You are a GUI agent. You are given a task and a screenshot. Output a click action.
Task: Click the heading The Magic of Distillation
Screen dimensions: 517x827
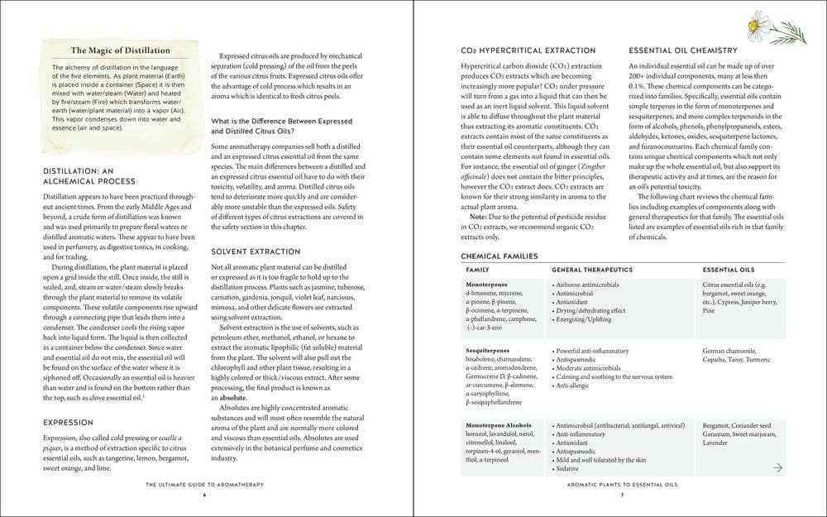[120, 50]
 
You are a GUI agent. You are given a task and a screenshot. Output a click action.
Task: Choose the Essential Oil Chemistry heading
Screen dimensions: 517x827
[683, 50]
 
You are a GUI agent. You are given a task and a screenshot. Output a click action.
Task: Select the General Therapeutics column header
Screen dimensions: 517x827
[591, 270]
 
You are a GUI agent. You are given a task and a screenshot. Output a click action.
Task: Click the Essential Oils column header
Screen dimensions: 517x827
[728, 270]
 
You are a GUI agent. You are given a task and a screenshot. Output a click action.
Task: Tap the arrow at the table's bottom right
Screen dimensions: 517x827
[777, 468]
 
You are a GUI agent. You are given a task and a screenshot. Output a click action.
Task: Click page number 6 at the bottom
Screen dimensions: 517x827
[203, 495]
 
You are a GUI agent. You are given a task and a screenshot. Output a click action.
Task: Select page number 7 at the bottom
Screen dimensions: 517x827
[621, 495]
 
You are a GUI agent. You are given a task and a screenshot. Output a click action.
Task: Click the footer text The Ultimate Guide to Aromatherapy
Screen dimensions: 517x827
[203, 485]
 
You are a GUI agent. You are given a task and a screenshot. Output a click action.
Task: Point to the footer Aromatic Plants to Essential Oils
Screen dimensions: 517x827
[621, 485]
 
